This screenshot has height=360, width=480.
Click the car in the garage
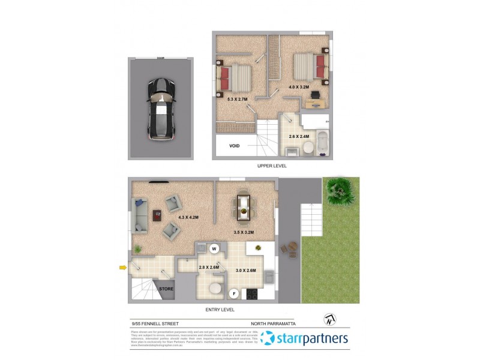tap(161, 110)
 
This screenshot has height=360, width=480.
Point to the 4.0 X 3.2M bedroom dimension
tap(298, 87)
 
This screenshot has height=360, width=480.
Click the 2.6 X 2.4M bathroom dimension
tap(298, 136)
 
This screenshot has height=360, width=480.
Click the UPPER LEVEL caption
tap(272, 166)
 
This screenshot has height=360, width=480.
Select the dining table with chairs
tap(244, 205)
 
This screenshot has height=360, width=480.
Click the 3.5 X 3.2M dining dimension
tap(244, 232)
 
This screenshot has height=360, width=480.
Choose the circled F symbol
tap(235, 293)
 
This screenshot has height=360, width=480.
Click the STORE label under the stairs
tap(166, 289)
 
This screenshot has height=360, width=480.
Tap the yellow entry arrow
tap(123, 268)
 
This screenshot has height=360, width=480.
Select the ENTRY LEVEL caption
tap(219, 310)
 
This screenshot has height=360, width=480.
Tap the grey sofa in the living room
tap(140, 216)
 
